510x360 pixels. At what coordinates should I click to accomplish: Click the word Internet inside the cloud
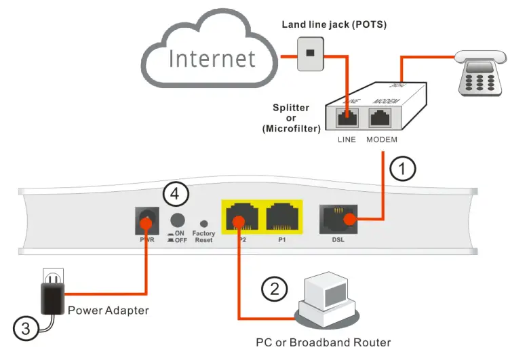pyautogui.click(x=212, y=58)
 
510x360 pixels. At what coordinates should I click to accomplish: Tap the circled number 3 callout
pyautogui.click(x=24, y=329)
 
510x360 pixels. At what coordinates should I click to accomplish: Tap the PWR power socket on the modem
pyautogui.click(x=147, y=220)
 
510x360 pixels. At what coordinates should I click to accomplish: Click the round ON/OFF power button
pyautogui.click(x=178, y=219)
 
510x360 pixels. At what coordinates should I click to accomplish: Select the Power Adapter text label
pyautogui.click(x=109, y=311)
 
